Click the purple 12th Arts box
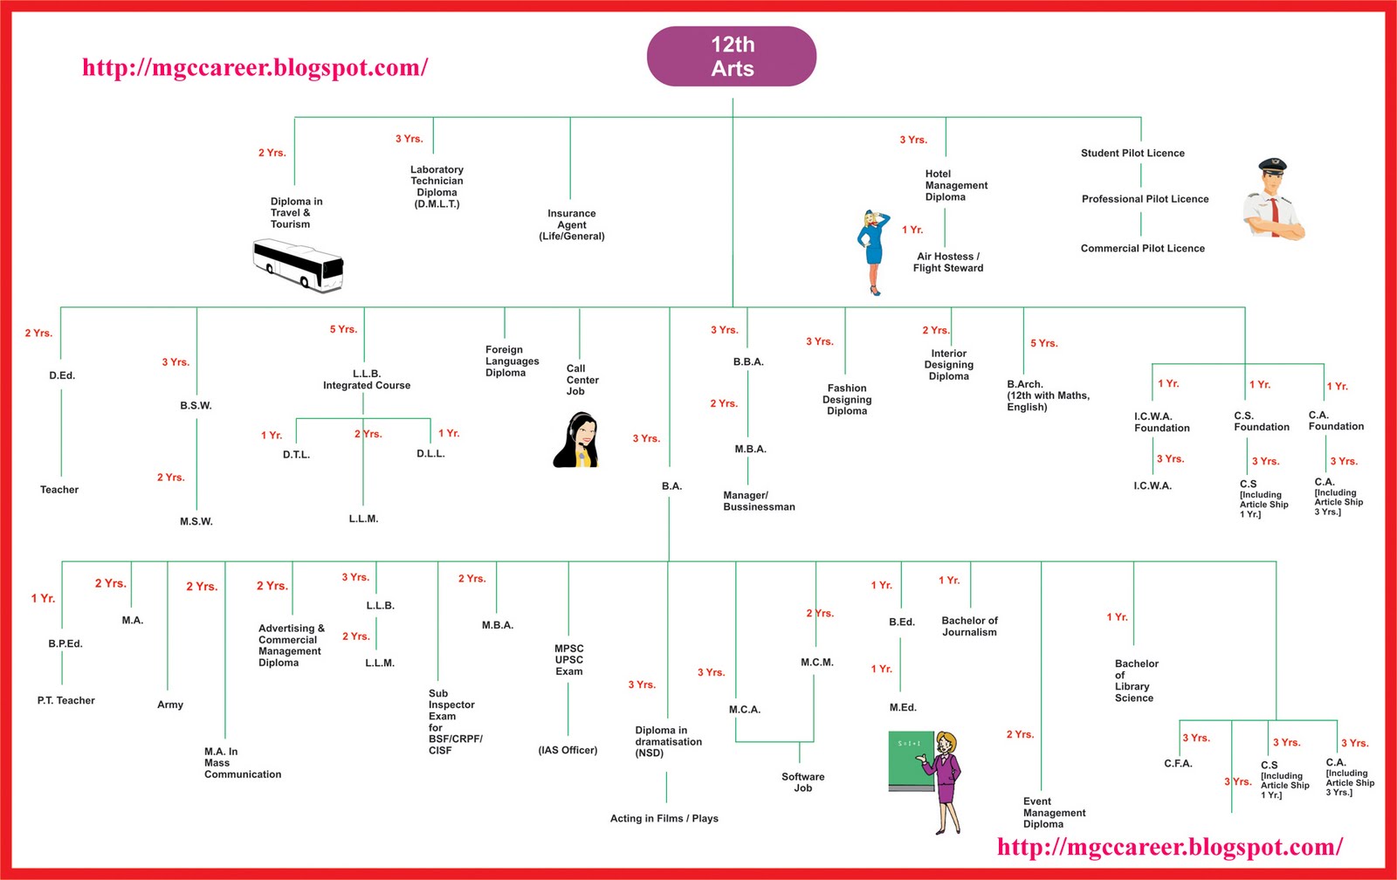tap(732, 57)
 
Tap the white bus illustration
tap(298, 265)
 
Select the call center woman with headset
tap(576, 441)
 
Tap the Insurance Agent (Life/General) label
tap(572, 224)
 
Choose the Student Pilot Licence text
tap(1132, 153)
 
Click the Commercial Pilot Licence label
tap(1142, 248)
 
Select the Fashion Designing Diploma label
tap(847, 399)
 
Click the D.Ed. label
tap(62, 375)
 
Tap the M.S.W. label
tap(196, 521)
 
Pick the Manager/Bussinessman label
tap(759, 500)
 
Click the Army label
tap(170, 705)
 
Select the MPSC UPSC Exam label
tap(569, 660)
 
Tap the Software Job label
tap(803, 782)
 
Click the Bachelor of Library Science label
tap(1136, 680)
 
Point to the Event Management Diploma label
tap(1054, 813)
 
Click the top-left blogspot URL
tap(255, 68)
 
